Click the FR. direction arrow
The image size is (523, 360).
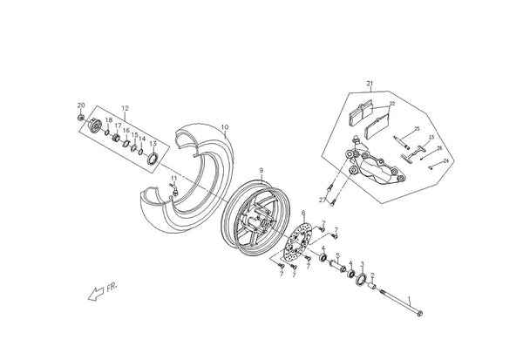click(96, 294)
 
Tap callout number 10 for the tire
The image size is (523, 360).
click(225, 127)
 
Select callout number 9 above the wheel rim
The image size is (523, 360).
click(261, 171)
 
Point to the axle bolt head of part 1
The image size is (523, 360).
click(419, 313)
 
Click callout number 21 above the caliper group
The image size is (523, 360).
click(370, 84)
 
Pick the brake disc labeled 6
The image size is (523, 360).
click(297, 242)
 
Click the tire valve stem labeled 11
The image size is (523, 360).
click(174, 189)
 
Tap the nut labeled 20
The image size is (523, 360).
click(81, 118)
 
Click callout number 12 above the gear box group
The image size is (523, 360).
click(125, 108)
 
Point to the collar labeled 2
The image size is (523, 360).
click(372, 286)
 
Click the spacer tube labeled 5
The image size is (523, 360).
click(338, 266)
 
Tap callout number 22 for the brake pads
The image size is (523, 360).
click(392, 104)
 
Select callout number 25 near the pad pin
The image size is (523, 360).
click(417, 129)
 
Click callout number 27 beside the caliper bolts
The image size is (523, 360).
click(323, 200)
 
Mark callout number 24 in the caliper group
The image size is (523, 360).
click(446, 160)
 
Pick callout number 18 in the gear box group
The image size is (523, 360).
click(109, 120)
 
